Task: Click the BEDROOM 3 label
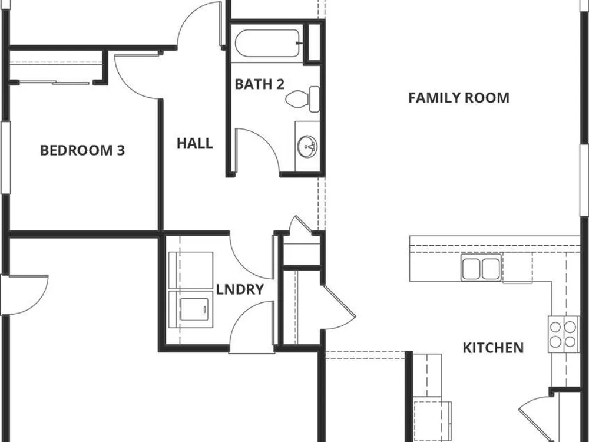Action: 82,150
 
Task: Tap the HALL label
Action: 194,143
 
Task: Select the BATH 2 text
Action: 259,84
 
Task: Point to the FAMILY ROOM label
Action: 459,98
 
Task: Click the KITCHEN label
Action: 493,348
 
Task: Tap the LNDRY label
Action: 240,289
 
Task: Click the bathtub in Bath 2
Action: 267,43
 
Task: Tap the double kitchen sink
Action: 481,267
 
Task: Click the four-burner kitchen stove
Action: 564,334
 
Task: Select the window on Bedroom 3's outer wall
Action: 6,157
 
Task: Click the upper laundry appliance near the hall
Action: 191,271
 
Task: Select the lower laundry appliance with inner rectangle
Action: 191,309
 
